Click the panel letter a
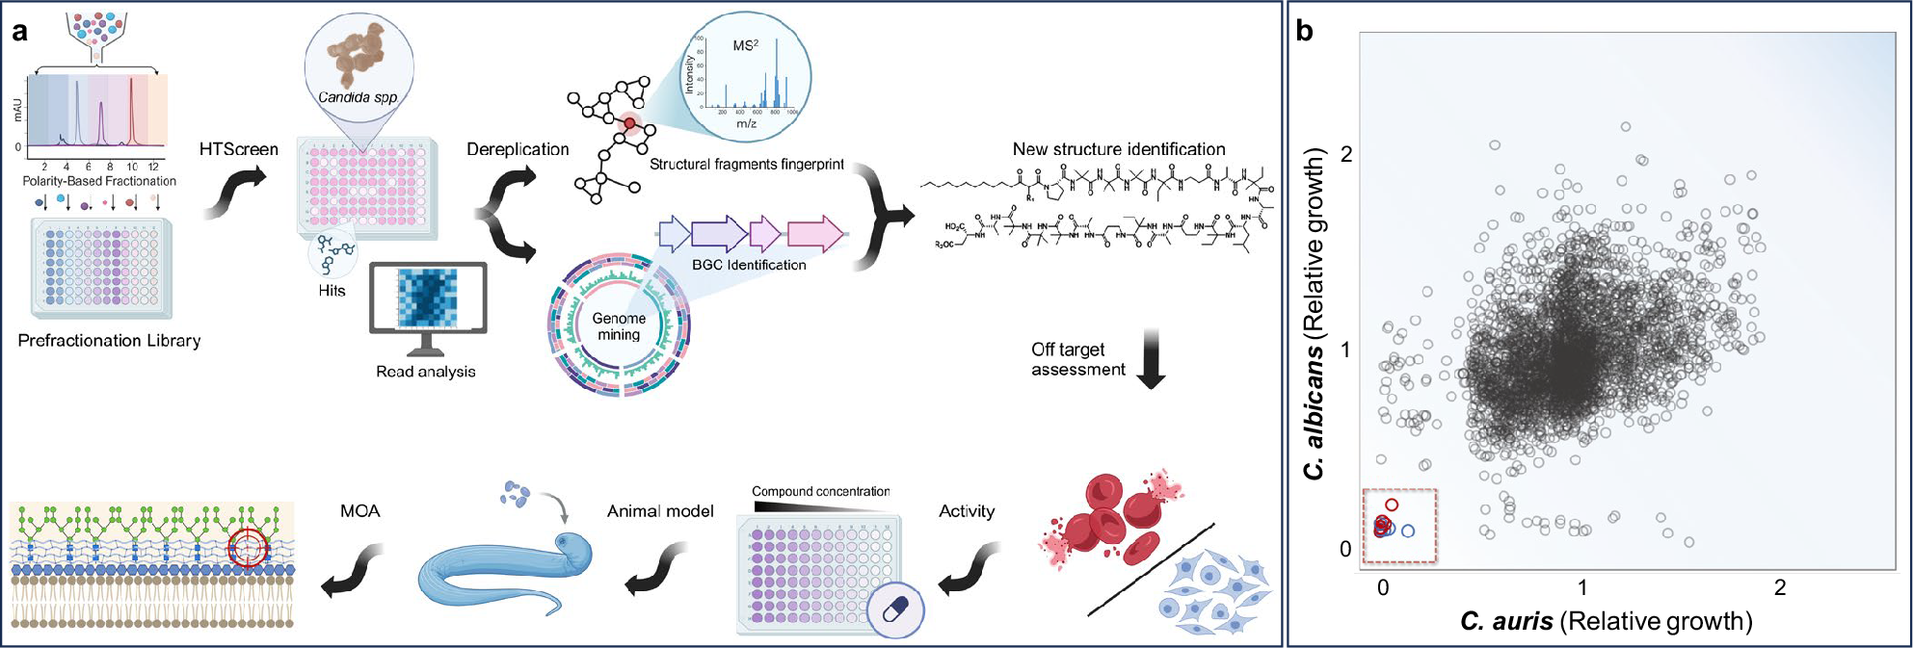point(20,32)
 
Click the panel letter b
point(1305,31)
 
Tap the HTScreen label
point(238,149)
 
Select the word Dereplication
point(518,149)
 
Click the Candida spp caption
point(358,97)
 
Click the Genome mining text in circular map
point(619,326)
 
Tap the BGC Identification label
point(749,265)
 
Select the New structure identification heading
point(1118,149)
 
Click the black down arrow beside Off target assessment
point(1151,359)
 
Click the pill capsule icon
point(895,609)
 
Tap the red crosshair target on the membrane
point(248,547)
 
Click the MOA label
point(359,511)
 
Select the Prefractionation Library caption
point(109,341)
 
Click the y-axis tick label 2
point(1346,154)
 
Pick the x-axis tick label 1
point(1581,587)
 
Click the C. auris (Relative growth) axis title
point(1606,622)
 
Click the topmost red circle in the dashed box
point(1392,505)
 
